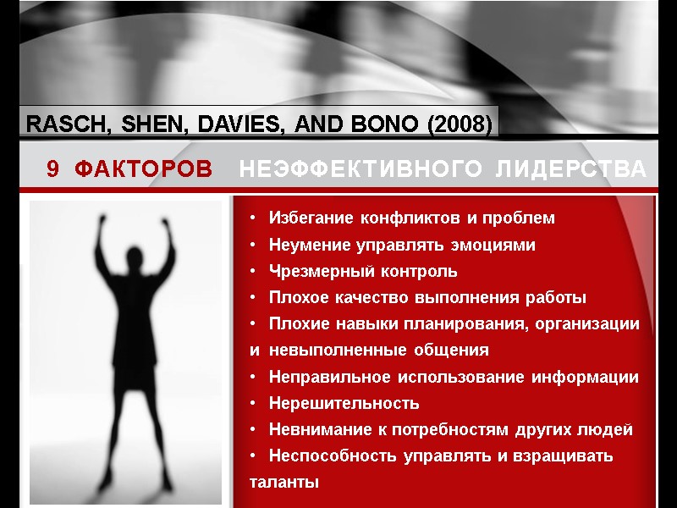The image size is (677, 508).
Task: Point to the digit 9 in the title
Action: point(53,170)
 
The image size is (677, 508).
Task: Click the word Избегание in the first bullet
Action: point(311,218)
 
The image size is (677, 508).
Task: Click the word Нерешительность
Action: point(344,403)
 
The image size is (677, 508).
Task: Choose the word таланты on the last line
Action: point(284,483)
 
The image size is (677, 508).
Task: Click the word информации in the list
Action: point(591,377)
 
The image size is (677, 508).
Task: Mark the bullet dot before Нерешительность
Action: point(254,403)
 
